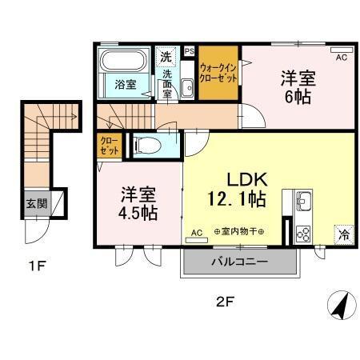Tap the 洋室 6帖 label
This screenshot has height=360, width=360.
click(296, 87)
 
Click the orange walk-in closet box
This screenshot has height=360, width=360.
click(218, 74)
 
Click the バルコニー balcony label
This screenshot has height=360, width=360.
click(239, 262)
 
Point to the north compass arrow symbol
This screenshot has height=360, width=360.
click(339, 304)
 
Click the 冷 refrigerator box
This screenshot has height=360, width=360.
click(342, 236)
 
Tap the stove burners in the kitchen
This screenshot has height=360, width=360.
click(304, 233)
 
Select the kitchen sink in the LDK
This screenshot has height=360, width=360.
click(303, 200)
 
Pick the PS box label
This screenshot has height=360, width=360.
click(190, 50)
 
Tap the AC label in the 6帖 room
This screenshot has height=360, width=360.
click(341, 58)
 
